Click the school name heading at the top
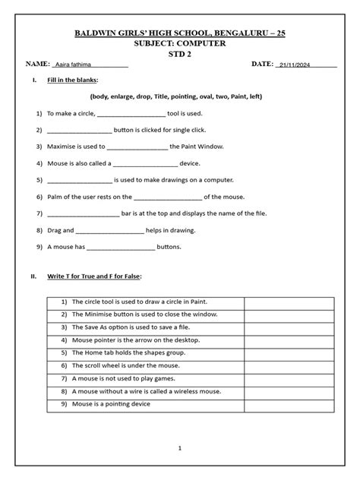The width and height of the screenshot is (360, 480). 180,34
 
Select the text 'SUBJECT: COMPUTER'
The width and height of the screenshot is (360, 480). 180,44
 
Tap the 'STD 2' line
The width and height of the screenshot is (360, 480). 180,54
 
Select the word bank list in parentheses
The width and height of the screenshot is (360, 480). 180,97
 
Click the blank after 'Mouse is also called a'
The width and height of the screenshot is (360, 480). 145,163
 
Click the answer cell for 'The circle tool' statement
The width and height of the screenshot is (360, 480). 289,302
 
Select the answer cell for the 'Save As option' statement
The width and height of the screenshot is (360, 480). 289,327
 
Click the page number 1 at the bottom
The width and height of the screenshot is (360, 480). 180,449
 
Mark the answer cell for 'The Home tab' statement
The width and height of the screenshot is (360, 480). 289,353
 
